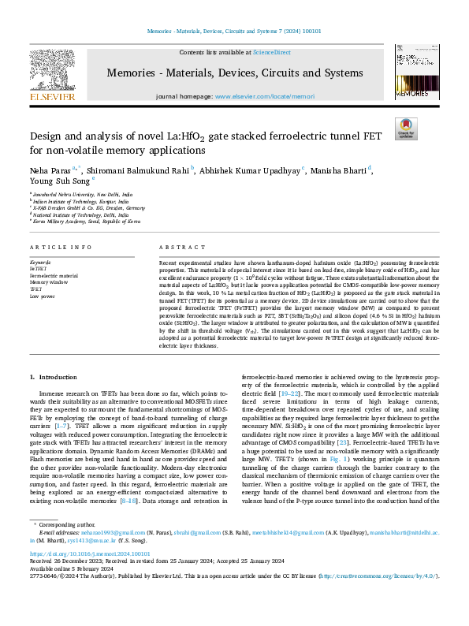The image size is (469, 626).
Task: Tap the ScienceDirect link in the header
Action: point(271,52)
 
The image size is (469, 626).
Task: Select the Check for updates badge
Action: point(406,128)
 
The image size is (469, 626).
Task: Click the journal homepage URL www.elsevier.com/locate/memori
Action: point(261,95)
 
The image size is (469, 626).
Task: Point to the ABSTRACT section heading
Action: point(179,247)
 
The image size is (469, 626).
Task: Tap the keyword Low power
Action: point(43,297)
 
